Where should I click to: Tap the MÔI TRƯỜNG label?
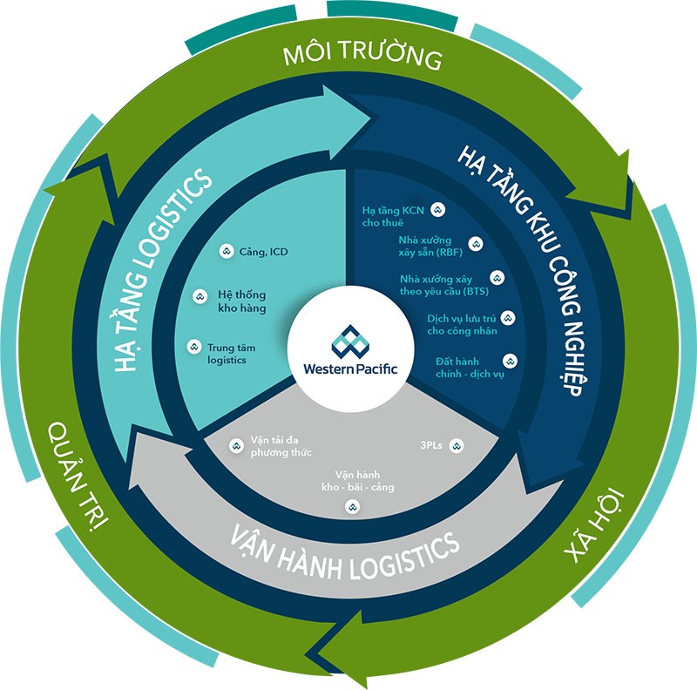(x=363, y=58)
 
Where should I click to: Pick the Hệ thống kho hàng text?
(x=242, y=301)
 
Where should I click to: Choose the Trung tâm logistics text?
(x=227, y=353)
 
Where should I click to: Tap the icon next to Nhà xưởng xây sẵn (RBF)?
(x=475, y=244)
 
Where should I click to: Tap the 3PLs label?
(x=431, y=445)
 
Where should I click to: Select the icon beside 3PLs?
(x=456, y=445)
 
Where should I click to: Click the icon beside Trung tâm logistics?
(x=193, y=347)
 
